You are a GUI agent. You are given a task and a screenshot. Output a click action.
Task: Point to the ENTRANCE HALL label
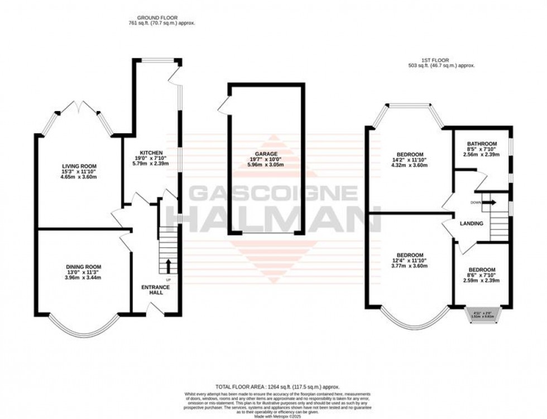156,290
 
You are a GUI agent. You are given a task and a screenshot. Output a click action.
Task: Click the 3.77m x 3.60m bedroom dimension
410,266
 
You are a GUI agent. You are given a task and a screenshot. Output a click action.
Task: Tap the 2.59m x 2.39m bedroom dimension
481,280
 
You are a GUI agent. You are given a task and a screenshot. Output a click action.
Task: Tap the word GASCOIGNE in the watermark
273,193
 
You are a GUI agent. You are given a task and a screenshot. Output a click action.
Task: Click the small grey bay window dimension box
483,314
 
